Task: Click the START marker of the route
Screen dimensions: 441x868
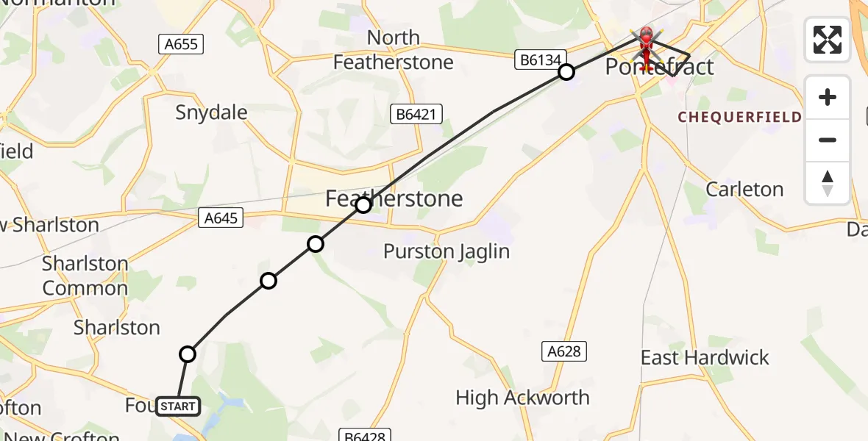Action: point(177,406)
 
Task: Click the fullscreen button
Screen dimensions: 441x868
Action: point(828,40)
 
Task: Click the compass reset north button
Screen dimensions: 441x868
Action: point(828,183)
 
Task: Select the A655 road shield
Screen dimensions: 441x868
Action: point(181,44)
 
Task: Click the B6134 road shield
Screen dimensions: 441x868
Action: point(541,60)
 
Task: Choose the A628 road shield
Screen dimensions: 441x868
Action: point(564,351)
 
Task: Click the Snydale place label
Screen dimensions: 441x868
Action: point(211,112)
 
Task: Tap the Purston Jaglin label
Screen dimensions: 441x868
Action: point(447,251)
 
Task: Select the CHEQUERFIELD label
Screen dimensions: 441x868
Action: point(739,118)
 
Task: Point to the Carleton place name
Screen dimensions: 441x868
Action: point(744,189)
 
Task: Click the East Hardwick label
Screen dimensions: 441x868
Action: point(704,358)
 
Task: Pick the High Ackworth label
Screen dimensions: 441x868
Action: point(522,398)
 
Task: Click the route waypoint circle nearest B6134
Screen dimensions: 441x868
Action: point(566,72)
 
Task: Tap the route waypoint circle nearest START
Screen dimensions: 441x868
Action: point(188,354)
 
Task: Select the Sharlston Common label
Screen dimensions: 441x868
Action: point(85,276)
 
